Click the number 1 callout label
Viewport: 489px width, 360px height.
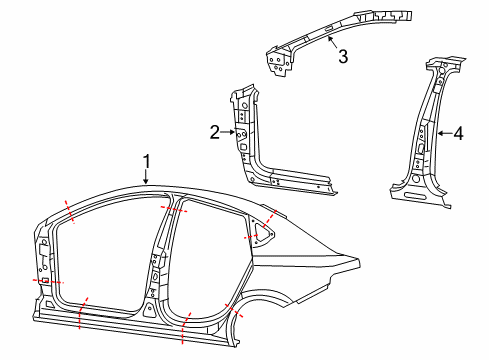tap(146, 161)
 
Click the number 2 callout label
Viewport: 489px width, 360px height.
tap(214, 131)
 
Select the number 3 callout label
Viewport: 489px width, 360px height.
tap(343, 57)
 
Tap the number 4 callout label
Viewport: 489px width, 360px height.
tap(458, 132)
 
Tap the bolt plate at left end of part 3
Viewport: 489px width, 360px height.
tap(276, 62)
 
